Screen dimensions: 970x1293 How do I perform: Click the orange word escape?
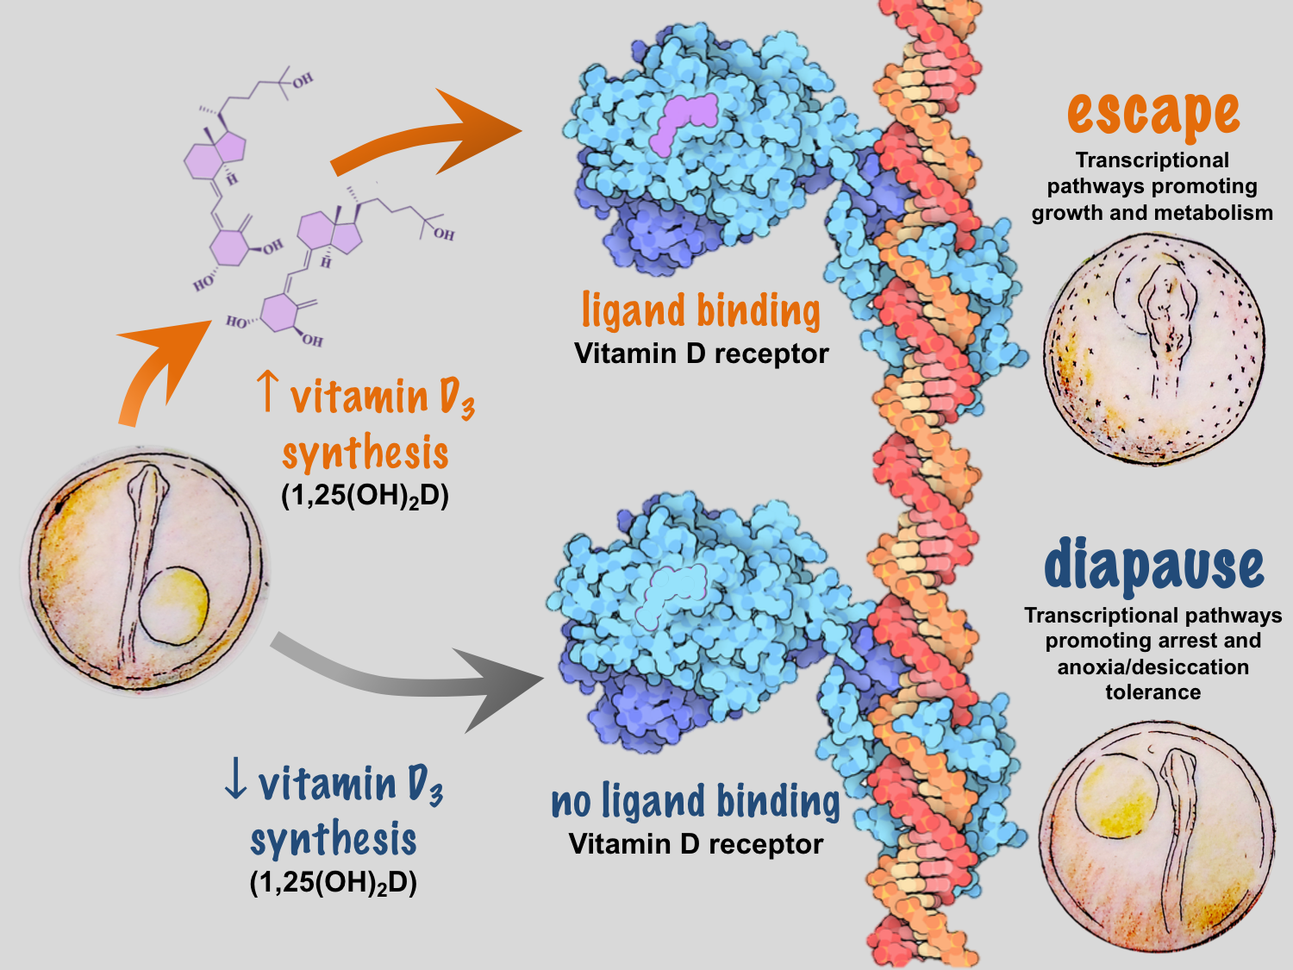click(x=1152, y=115)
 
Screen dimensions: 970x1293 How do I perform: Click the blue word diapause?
click(x=1153, y=566)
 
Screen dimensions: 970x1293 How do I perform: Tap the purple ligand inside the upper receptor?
click(x=684, y=122)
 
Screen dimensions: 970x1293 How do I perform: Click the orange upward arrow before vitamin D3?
click(x=269, y=391)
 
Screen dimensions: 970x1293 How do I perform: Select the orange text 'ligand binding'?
click(x=701, y=310)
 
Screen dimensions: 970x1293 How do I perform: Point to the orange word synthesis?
click(x=365, y=453)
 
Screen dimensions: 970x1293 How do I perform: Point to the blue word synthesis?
click(x=334, y=840)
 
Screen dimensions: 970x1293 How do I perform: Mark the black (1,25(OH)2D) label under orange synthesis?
click(x=365, y=497)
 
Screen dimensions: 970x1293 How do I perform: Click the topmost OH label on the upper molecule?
click(x=302, y=81)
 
